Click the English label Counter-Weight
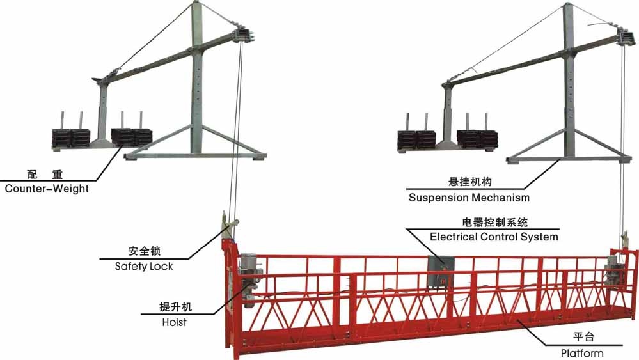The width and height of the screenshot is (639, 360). [x=47, y=189]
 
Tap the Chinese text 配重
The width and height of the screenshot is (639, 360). [x=45, y=174]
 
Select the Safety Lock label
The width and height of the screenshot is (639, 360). [x=144, y=266]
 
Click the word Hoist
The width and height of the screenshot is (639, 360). [x=174, y=322]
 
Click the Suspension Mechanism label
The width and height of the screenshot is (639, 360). [x=469, y=198]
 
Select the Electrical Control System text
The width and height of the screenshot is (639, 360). [x=494, y=237]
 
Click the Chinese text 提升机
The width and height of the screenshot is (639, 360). [x=175, y=308]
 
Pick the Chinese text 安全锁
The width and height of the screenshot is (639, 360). [x=144, y=251]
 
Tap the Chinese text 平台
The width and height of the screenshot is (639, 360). [x=582, y=338]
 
